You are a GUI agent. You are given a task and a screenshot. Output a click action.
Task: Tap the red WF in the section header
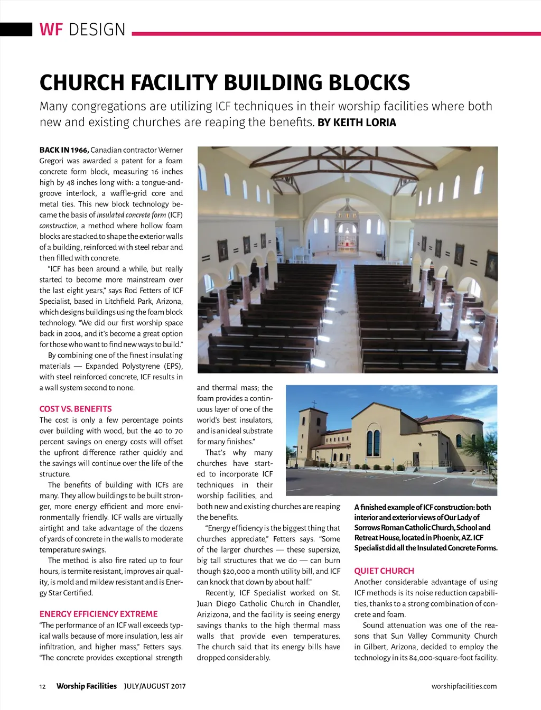point(51,30)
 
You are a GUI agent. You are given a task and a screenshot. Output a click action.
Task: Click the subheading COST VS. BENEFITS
point(76,409)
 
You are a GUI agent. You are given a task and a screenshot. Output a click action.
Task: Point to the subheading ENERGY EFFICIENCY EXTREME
point(98,614)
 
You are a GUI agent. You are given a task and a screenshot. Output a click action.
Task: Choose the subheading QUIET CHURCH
point(384,571)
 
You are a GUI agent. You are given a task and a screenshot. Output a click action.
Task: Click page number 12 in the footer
point(43,686)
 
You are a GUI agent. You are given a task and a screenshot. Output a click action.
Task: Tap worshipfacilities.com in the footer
point(464,686)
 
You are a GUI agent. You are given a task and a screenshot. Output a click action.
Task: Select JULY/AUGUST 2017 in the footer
point(154,686)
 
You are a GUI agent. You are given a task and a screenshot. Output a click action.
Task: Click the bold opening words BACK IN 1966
point(64,150)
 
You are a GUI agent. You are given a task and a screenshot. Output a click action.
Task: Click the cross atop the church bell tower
point(314,404)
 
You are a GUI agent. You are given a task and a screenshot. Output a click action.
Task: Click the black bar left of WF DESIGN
point(16,29)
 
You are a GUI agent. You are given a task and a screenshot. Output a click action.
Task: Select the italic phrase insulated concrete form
point(131,215)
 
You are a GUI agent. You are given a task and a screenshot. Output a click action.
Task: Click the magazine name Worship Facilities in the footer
point(86,686)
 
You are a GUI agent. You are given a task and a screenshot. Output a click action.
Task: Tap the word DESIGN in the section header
point(97,30)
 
